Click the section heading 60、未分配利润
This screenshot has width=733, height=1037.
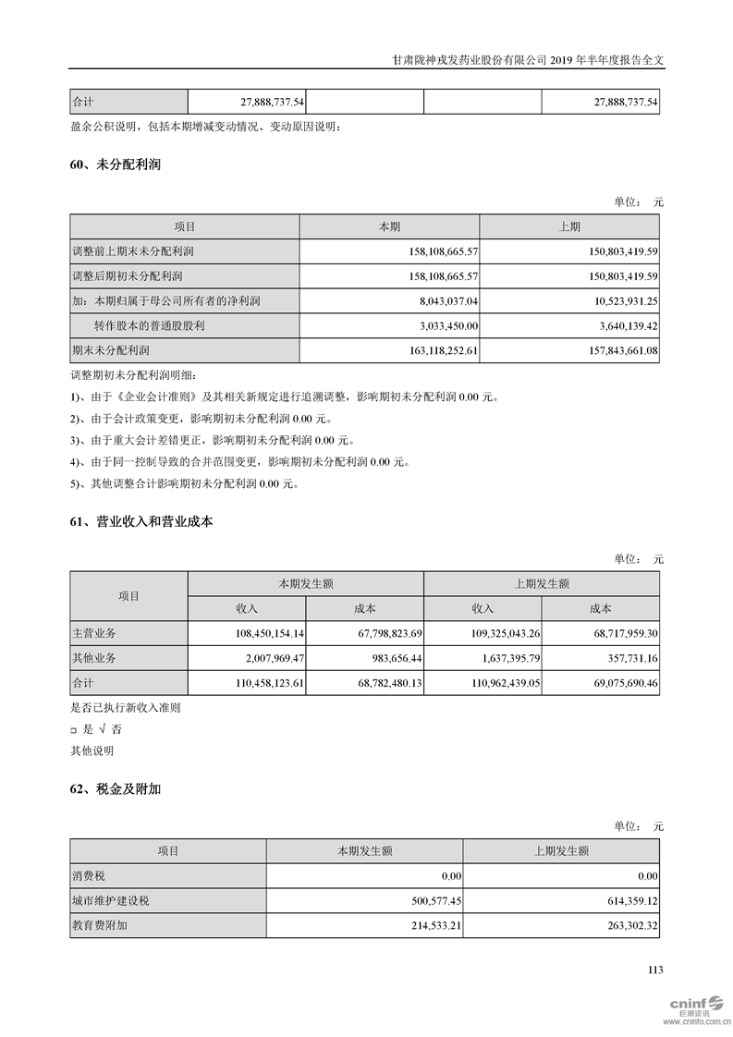point(109,165)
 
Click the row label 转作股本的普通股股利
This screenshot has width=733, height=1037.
point(149,326)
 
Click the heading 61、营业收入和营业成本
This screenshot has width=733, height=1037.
point(141,522)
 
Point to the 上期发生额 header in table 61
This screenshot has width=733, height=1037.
point(541,584)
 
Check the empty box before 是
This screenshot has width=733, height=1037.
point(75,730)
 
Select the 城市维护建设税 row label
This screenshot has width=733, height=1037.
point(110,901)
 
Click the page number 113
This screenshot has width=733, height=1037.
point(655,970)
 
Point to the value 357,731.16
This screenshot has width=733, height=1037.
point(627,659)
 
